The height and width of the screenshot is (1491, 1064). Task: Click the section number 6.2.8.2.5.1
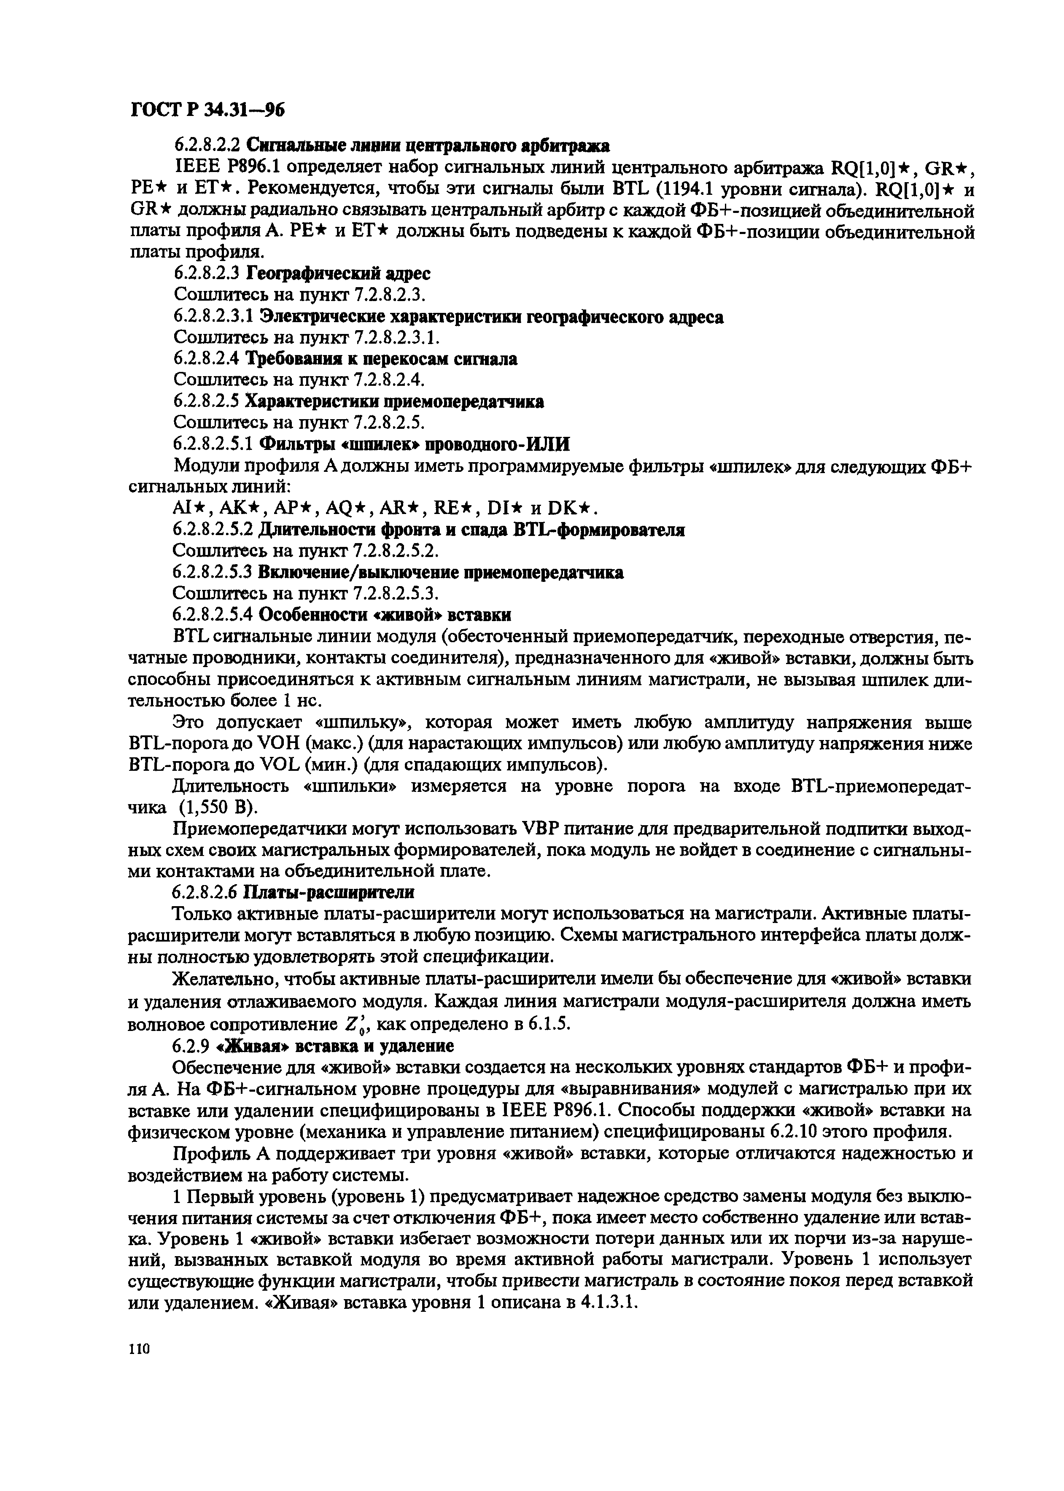[x=213, y=445]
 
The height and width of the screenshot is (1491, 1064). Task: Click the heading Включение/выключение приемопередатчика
[x=440, y=573]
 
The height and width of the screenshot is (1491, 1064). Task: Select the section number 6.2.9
[x=190, y=1045]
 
